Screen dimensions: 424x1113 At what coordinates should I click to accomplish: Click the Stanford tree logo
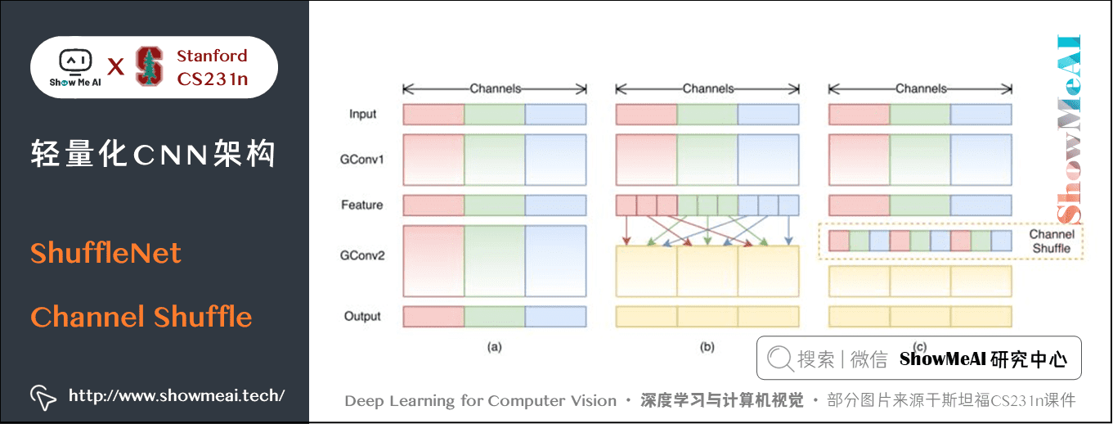(x=148, y=66)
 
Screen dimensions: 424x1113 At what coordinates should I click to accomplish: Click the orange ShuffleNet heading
(x=105, y=253)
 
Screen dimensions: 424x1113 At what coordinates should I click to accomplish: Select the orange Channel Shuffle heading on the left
(x=141, y=317)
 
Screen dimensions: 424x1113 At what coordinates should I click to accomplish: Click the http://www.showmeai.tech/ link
(x=176, y=395)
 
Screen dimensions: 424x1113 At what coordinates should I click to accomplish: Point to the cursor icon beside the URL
(x=43, y=396)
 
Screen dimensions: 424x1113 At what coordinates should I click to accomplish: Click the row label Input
(x=362, y=114)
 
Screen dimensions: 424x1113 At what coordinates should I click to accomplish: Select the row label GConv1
(x=362, y=159)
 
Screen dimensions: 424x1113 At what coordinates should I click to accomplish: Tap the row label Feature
(x=361, y=205)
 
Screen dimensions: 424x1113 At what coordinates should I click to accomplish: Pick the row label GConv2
(x=362, y=255)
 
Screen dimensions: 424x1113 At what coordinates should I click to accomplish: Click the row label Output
(x=361, y=316)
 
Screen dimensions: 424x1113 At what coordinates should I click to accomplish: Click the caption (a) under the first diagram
(x=494, y=347)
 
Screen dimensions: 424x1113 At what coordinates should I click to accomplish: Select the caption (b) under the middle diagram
(x=707, y=347)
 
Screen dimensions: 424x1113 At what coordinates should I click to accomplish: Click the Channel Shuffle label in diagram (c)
(x=1051, y=241)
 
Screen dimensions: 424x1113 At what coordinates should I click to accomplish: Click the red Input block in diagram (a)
(x=433, y=114)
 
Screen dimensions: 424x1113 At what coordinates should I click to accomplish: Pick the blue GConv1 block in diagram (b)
(x=768, y=159)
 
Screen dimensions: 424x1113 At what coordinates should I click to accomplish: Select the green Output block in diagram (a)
(x=494, y=316)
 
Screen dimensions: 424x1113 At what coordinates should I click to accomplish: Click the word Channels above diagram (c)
(x=921, y=88)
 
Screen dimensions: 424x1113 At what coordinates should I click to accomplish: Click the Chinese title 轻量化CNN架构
(x=153, y=154)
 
